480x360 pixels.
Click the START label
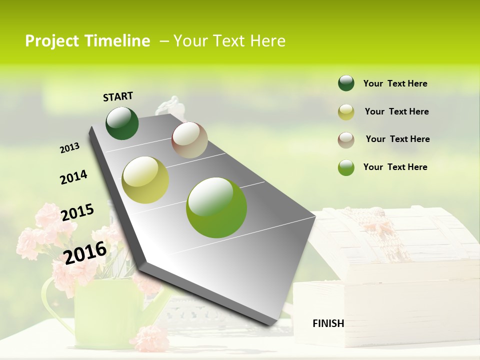118,96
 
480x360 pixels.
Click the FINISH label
328,323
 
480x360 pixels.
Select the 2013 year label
69,148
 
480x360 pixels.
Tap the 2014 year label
73,177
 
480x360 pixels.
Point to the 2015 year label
77,212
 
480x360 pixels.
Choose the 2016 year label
85,252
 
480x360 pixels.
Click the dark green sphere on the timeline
122,123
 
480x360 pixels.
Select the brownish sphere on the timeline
189,140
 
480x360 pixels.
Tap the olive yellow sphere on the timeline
145,180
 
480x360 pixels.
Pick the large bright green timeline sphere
216,207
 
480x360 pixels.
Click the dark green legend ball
346,83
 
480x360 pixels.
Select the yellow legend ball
346,112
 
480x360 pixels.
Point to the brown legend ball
346,140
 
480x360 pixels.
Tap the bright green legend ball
346,168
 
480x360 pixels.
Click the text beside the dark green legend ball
395,83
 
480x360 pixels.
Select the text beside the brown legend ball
397,139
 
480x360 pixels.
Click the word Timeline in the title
117,41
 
